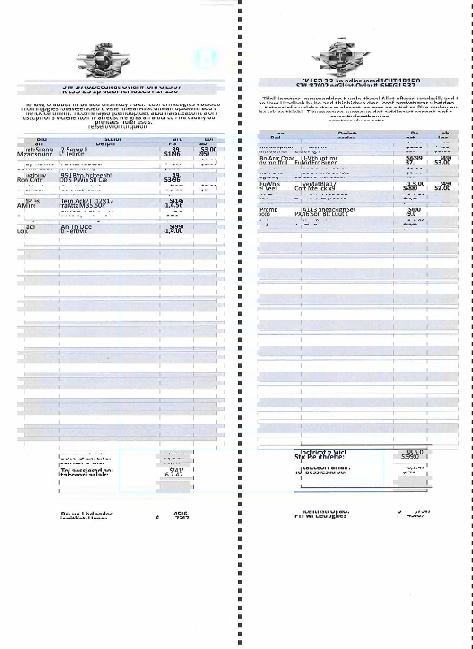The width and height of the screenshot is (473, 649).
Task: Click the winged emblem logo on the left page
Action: click(x=104, y=61)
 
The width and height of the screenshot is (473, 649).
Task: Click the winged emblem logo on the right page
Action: click(x=341, y=58)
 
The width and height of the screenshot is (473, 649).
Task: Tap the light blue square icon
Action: click(x=205, y=58)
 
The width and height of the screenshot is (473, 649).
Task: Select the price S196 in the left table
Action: click(x=172, y=154)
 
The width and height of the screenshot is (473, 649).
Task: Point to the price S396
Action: click(x=172, y=180)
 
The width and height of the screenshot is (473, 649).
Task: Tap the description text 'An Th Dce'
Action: click(x=76, y=227)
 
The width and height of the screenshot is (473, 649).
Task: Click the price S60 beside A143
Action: click(x=414, y=209)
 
